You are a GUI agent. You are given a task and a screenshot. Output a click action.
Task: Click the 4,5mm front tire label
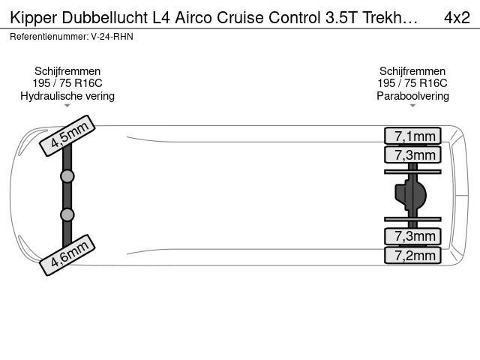[67, 136]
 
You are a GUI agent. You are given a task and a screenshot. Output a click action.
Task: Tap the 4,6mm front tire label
[67, 255]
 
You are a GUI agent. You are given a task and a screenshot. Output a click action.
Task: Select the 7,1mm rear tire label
[412, 136]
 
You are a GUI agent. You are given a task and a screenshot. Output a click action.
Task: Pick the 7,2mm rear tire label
[412, 255]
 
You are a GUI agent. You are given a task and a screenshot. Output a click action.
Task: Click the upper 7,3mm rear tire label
[412, 154]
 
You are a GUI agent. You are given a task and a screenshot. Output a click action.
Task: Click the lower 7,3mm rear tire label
[412, 236]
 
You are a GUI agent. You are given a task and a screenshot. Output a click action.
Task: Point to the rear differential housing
[410, 195]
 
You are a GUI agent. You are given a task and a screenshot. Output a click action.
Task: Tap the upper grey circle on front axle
[67, 176]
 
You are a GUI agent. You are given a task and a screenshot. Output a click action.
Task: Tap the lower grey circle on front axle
[67, 215]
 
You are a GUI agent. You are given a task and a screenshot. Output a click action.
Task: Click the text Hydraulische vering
[67, 96]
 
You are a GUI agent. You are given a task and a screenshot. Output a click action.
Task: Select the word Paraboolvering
[412, 96]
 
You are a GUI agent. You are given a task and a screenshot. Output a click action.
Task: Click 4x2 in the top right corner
[457, 18]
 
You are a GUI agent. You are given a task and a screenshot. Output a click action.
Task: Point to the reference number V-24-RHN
[112, 37]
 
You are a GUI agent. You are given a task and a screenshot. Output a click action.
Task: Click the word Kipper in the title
[33, 18]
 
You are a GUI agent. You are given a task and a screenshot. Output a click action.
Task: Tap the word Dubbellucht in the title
[105, 17]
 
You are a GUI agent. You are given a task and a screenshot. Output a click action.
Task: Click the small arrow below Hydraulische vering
[67, 106]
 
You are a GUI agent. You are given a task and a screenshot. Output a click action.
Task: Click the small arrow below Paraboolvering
[412, 106]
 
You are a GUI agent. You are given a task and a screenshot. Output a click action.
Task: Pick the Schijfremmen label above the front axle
[67, 71]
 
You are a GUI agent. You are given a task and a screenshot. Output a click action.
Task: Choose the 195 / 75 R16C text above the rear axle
[412, 83]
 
